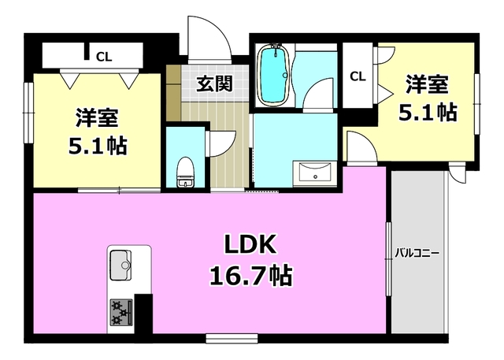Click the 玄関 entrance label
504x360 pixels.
pyautogui.click(x=213, y=83)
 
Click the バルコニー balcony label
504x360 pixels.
pyautogui.click(x=417, y=254)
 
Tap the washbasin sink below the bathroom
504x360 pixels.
pyautogui.click(x=316, y=173)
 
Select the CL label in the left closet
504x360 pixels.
pyautogui.click(x=103, y=56)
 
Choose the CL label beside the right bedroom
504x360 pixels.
pyautogui.click(x=358, y=76)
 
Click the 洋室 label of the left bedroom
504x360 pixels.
pyautogui.click(x=98, y=118)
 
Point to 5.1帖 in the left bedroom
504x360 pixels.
pyautogui.click(x=98, y=146)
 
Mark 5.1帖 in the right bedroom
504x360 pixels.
pyautogui.click(x=427, y=111)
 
